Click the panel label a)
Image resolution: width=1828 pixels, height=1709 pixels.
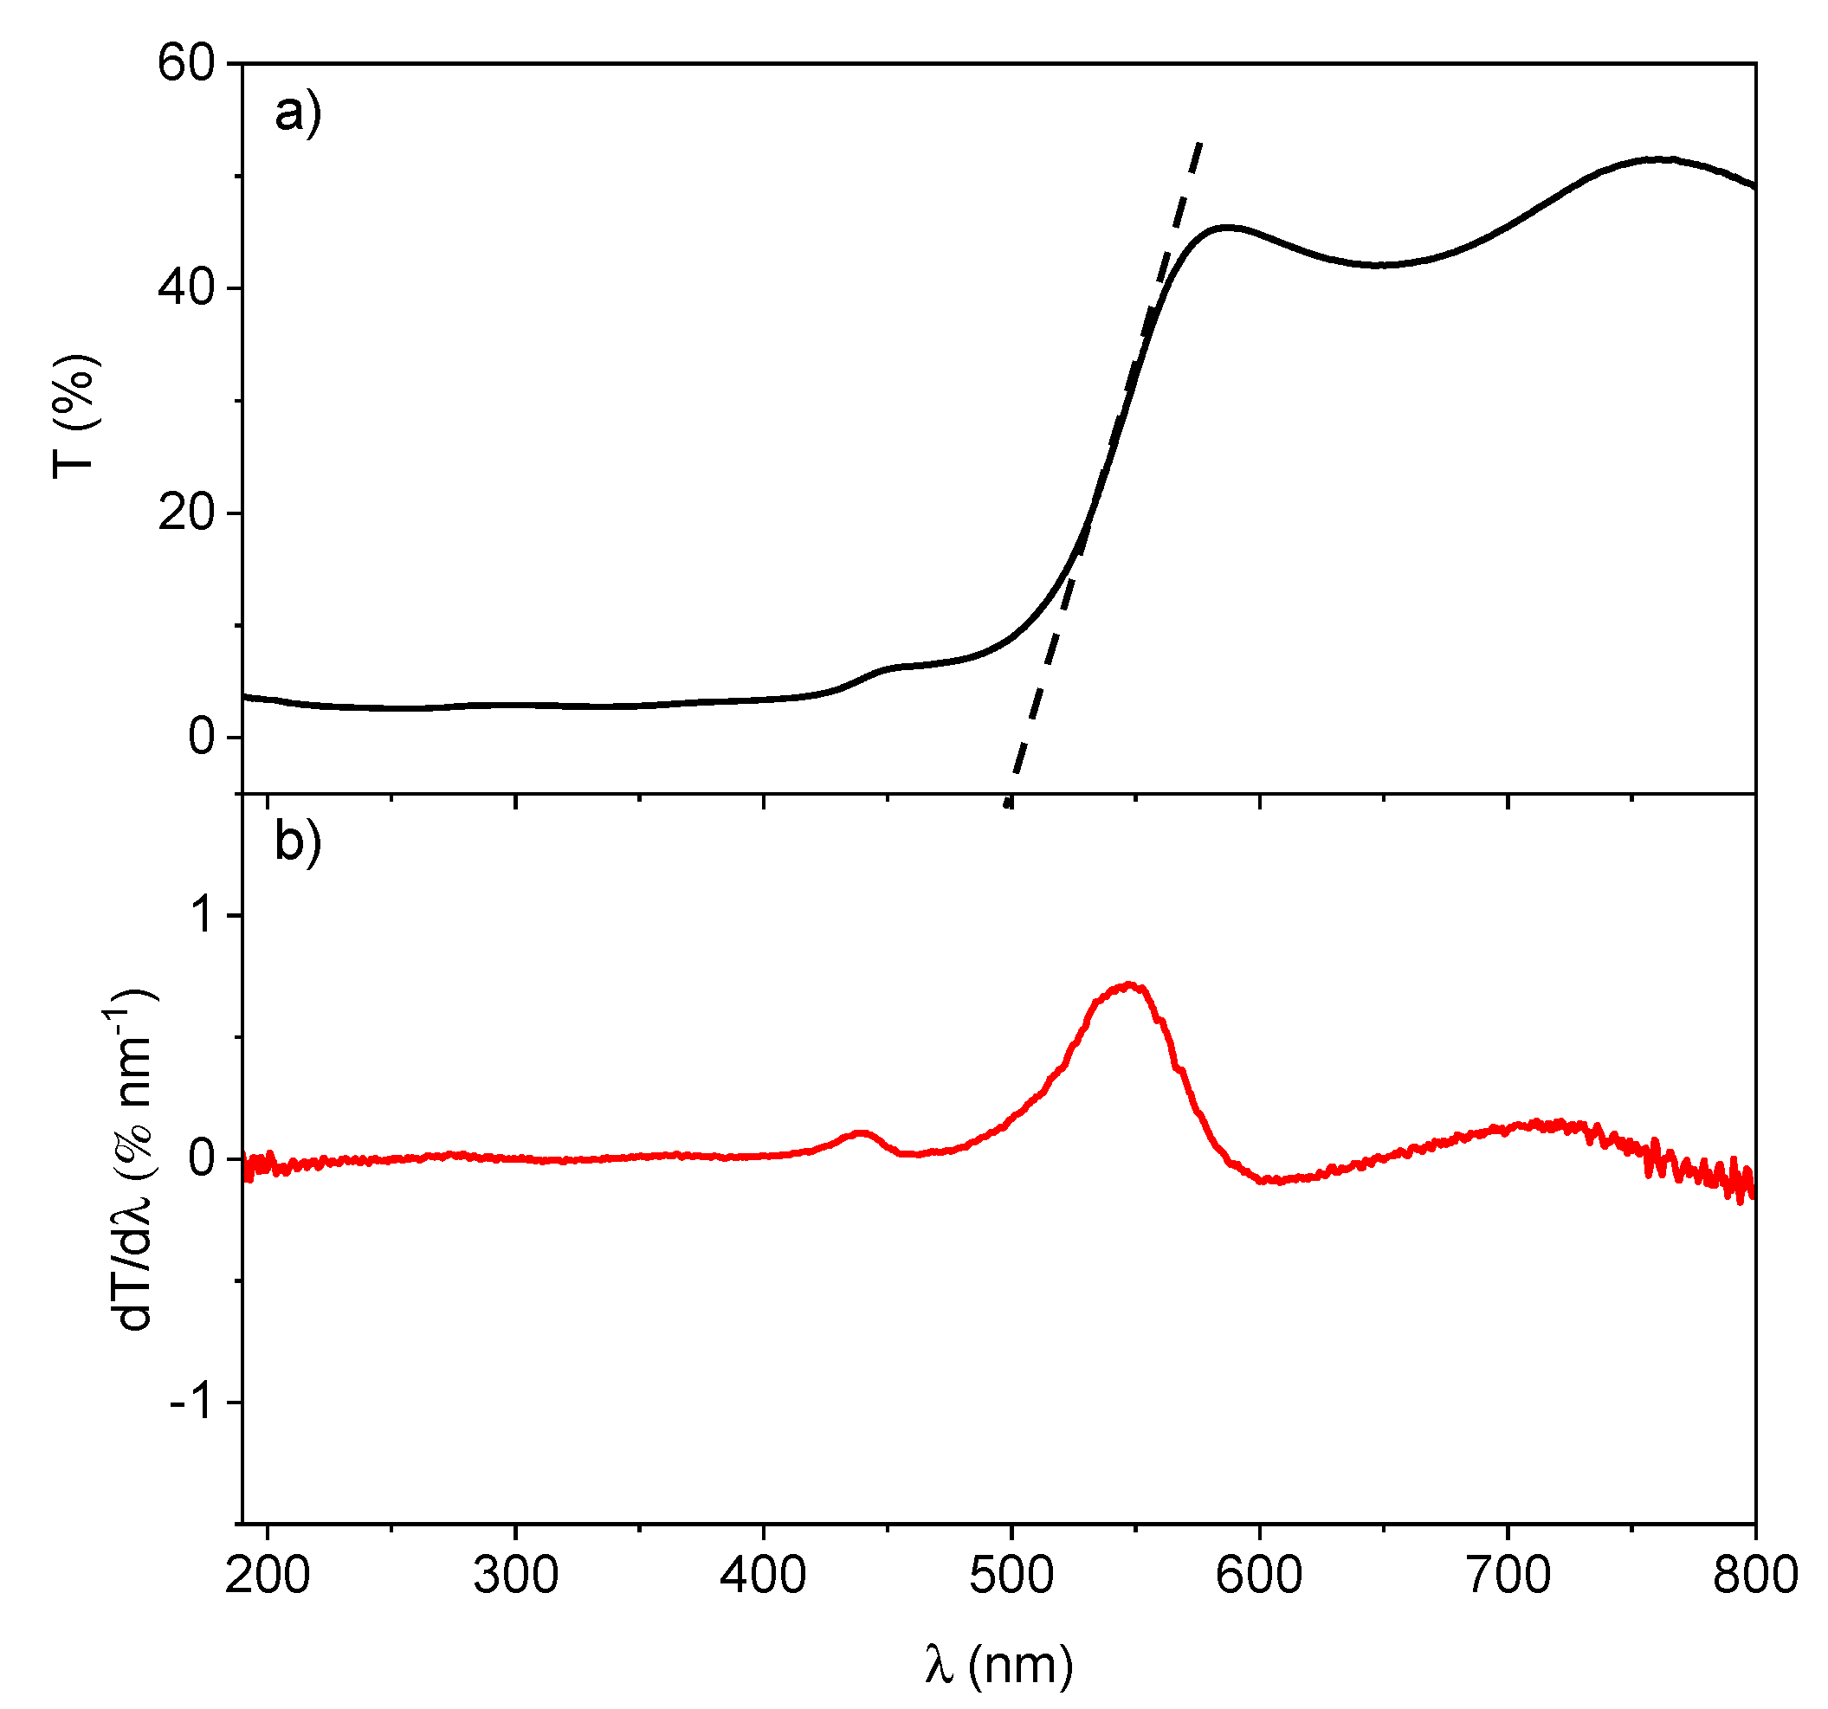tap(298, 113)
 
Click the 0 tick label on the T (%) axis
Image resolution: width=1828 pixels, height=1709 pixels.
tap(202, 737)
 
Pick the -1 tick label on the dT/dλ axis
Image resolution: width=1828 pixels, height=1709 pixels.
tap(192, 1403)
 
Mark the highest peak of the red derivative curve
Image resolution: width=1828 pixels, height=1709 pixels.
tap(1129, 985)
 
